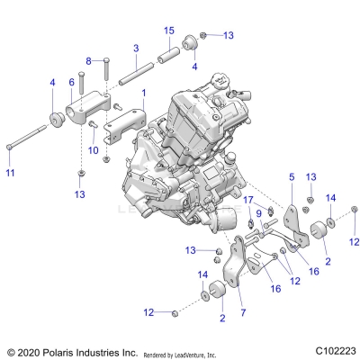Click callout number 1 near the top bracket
coord(142,93)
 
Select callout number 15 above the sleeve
coord(168,31)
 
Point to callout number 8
coord(88,60)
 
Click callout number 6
coord(72,82)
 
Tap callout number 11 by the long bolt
coord(10,172)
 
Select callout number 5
coord(291,178)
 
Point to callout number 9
coord(258,212)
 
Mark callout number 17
coord(247,199)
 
